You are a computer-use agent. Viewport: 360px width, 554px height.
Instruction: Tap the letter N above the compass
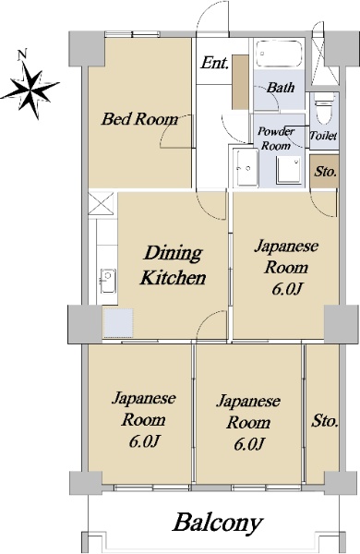pos(22,54)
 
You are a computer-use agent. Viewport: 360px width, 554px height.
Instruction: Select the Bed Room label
pos(139,119)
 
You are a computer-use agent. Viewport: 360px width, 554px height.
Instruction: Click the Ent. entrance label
pos(214,64)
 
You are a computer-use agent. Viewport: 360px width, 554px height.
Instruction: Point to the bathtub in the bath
pos(279,54)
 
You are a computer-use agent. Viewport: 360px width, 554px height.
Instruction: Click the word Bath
pos(281,88)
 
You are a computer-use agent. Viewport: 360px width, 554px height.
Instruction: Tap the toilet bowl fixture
pos(324,108)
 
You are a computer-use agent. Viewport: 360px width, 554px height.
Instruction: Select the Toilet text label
pos(323,136)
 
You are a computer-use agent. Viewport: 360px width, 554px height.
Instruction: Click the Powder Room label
pos(276,138)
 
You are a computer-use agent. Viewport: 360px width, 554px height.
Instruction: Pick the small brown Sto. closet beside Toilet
pos(325,172)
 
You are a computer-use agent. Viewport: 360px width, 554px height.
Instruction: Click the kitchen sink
pos(108,281)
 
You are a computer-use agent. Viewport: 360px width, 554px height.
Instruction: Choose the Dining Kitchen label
pos(174,265)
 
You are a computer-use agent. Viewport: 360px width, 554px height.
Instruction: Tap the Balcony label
pos(218,523)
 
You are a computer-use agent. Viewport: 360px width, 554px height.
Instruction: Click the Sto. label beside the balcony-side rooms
pos(324,421)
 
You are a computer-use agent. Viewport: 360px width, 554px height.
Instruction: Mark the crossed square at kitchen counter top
pos(101,203)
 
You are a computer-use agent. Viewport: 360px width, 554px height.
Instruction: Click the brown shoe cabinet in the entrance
pos(240,82)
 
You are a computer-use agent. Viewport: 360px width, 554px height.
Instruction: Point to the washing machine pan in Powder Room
pos(289,171)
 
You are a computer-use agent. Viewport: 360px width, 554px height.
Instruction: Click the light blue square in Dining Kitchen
pos(118,323)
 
